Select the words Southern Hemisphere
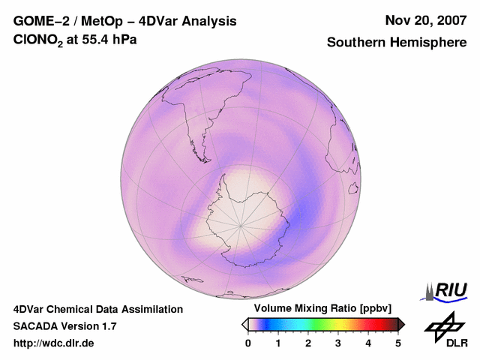[397, 43]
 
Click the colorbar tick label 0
[248, 343]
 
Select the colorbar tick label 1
[278, 343]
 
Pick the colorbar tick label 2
[308, 343]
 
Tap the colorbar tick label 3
[338, 343]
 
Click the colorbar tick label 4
[368, 343]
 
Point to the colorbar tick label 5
[398, 343]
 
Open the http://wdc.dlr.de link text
[54, 343]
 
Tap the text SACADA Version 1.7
[64, 326]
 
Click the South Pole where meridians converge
[241, 224]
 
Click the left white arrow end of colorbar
[244, 324]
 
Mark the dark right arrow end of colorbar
[401, 324]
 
